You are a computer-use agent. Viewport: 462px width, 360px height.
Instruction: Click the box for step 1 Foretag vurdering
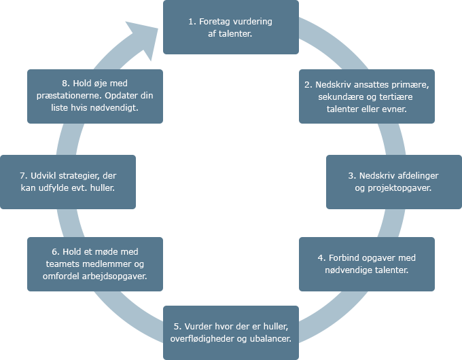[x=230, y=27]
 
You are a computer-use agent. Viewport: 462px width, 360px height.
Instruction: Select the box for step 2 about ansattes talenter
[x=366, y=96]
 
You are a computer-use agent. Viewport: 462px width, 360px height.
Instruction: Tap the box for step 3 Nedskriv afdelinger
[x=393, y=181]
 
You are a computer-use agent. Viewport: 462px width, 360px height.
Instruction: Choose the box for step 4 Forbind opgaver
[x=366, y=264]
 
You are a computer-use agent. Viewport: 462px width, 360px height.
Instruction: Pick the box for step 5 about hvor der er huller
[x=230, y=331]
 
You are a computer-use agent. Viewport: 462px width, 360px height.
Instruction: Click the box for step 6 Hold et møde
[x=95, y=264]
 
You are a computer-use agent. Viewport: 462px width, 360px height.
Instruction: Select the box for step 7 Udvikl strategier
[x=68, y=181]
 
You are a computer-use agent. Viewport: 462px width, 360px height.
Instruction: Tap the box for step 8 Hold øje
[x=95, y=96]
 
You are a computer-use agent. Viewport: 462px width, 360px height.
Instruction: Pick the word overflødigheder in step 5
[x=200, y=338]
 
